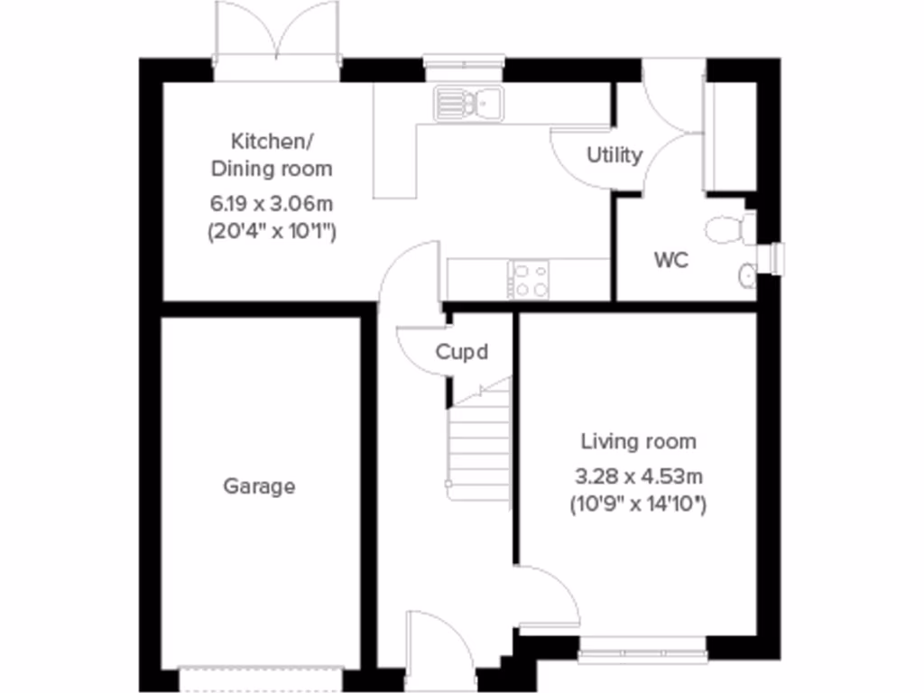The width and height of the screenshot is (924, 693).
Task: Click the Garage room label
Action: (x=259, y=487)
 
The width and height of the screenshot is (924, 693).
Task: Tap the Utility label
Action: (x=614, y=155)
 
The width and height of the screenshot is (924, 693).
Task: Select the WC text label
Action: (x=671, y=261)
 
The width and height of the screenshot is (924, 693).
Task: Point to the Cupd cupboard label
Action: (x=462, y=352)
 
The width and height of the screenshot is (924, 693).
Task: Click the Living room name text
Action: (x=638, y=442)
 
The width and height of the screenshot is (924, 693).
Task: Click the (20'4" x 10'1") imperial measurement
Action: (x=271, y=231)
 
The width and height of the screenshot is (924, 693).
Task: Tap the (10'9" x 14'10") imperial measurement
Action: (x=638, y=504)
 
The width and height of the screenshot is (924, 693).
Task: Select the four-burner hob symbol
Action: (x=530, y=279)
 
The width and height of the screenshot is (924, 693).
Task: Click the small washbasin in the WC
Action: (x=748, y=275)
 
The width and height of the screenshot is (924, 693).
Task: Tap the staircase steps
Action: (x=482, y=442)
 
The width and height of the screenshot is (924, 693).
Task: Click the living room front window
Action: (x=642, y=644)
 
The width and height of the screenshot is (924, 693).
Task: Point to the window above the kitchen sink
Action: (x=464, y=63)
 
